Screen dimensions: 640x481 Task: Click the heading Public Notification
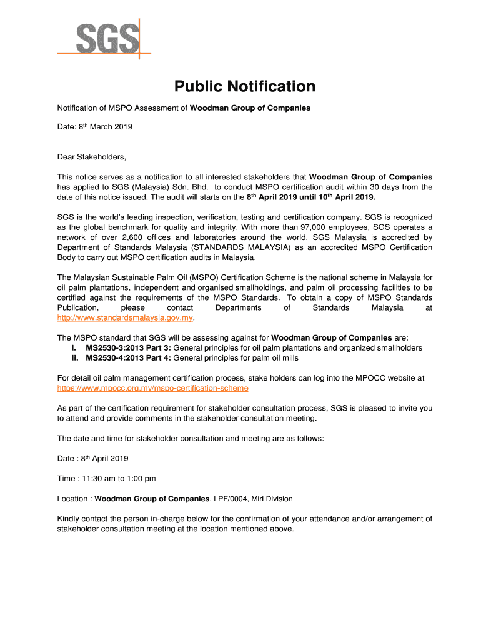(244, 86)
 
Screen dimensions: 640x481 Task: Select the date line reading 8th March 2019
(95, 127)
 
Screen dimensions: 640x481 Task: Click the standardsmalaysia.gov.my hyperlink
(125, 318)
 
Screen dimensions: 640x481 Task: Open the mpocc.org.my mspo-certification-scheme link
(152, 388)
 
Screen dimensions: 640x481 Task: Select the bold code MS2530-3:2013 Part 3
(127, 348)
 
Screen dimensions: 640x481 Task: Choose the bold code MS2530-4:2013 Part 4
(127, 358)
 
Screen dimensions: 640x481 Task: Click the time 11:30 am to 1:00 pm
(106, 479)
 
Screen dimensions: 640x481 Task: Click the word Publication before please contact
(77, 308)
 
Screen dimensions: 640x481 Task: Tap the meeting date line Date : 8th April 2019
(93, 459)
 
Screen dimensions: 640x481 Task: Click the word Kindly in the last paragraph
(69, 519)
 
